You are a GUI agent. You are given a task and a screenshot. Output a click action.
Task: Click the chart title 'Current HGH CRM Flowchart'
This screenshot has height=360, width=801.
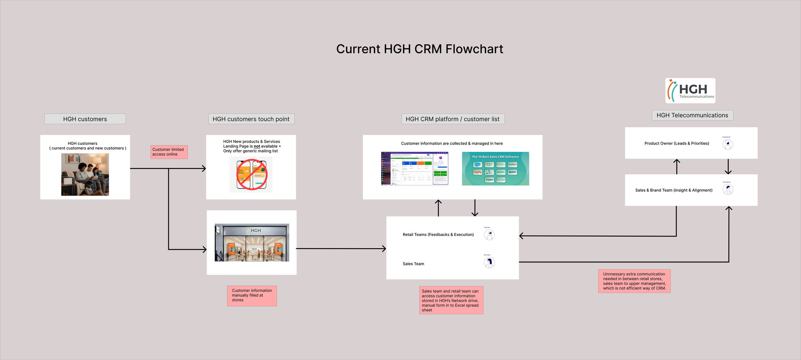(x=419, y=49)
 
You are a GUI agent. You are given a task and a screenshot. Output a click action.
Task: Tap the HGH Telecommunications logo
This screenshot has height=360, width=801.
(x=690, y=91)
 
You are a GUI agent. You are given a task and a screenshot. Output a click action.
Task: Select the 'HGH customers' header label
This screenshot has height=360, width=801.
(x=85, y=119)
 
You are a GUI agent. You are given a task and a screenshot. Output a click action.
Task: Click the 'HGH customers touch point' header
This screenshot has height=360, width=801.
(x=251, y=119)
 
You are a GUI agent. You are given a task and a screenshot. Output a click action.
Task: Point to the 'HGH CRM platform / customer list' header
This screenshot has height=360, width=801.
(x=452, y=119)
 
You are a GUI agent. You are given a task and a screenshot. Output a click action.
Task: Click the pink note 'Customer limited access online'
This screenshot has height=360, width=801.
(x=169, y=152)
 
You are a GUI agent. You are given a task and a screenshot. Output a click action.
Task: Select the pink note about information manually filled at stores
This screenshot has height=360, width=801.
(x=252, y=296)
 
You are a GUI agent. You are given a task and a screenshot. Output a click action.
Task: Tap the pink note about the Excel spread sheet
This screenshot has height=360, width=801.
(x=451, y=300)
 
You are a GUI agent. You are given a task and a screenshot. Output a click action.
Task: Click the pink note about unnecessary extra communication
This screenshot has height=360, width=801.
(x=634, y=281)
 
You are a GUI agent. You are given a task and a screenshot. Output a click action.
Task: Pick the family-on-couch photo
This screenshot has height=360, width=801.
(x=85, y=174)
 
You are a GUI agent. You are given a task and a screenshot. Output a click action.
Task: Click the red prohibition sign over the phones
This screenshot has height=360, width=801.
(x=252, y=175)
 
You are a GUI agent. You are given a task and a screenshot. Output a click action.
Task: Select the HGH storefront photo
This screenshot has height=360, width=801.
(x=252, y=242)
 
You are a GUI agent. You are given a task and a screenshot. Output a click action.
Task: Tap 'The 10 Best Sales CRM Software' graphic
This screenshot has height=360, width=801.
(x=495, y=169)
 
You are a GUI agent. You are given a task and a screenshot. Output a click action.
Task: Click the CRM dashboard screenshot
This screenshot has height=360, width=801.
(x=415, y=169)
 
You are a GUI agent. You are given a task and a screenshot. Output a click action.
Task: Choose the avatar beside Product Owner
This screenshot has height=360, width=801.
(x=728, y=145)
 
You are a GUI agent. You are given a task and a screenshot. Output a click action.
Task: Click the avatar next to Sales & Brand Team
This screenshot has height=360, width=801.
(x=728, y=189)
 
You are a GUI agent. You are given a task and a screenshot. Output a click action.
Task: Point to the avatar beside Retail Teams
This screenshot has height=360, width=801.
(x=489, y=235)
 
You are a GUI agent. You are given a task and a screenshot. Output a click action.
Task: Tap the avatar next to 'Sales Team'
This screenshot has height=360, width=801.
(x=489, y=263)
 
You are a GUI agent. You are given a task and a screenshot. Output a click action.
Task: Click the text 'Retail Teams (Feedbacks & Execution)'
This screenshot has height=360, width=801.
(x=438, y=235)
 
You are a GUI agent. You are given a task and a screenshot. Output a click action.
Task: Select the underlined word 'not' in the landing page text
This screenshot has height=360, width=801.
(x=257, y=147)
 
